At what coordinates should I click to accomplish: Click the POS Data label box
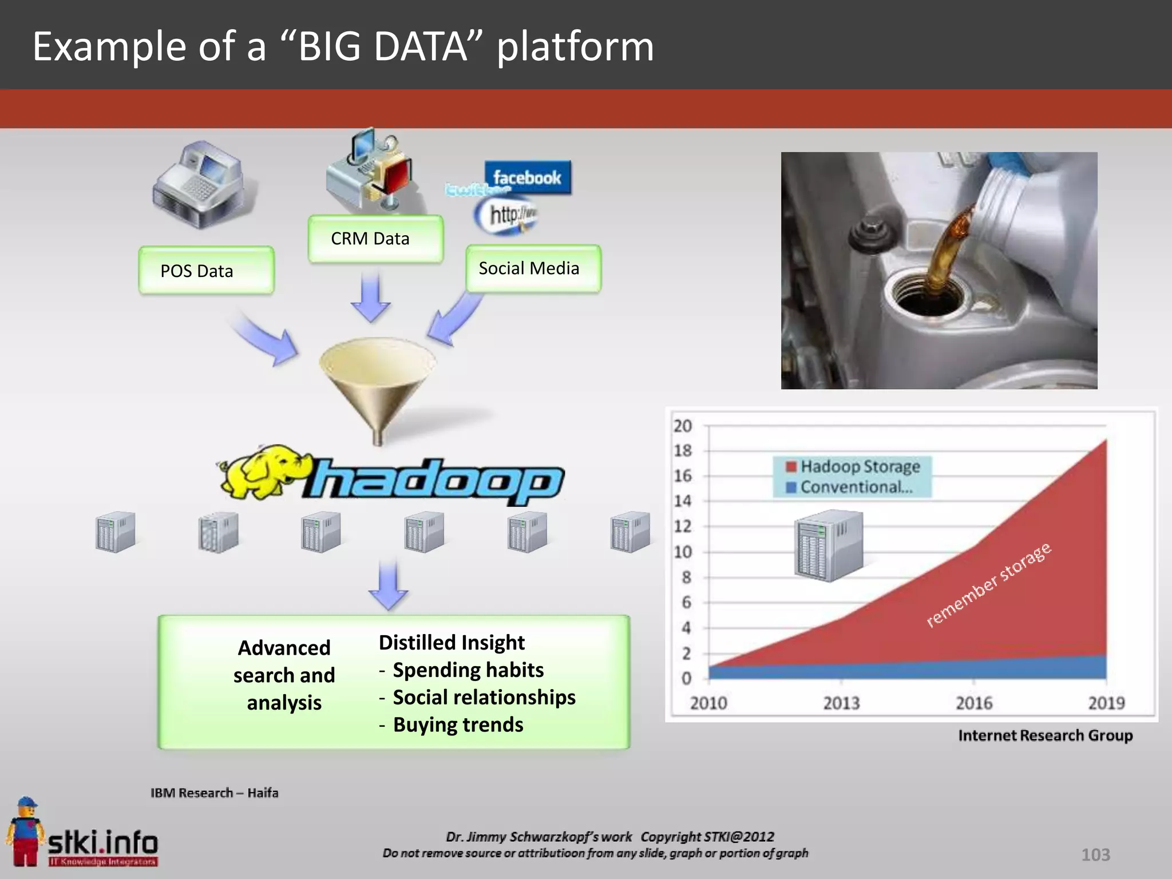click(206, 271)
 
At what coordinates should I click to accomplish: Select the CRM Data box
click(375, 239)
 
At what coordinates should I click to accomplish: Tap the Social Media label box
click(533, 268)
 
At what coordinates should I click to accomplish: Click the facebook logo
click(527, 177)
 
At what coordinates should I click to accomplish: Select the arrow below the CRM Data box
click(371, 298)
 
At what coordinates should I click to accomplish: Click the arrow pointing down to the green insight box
click(389, 585)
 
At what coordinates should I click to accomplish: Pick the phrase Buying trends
click(458, 724)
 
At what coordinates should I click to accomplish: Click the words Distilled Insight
click(452, 642)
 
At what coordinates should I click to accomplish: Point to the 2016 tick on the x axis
click(974, 702)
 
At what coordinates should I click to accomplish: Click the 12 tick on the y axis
click(683, 526)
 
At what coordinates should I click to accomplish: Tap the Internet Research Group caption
click(1045, 735)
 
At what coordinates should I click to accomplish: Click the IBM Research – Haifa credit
click(215, 793)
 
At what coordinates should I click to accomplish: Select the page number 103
click(1095, 854)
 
